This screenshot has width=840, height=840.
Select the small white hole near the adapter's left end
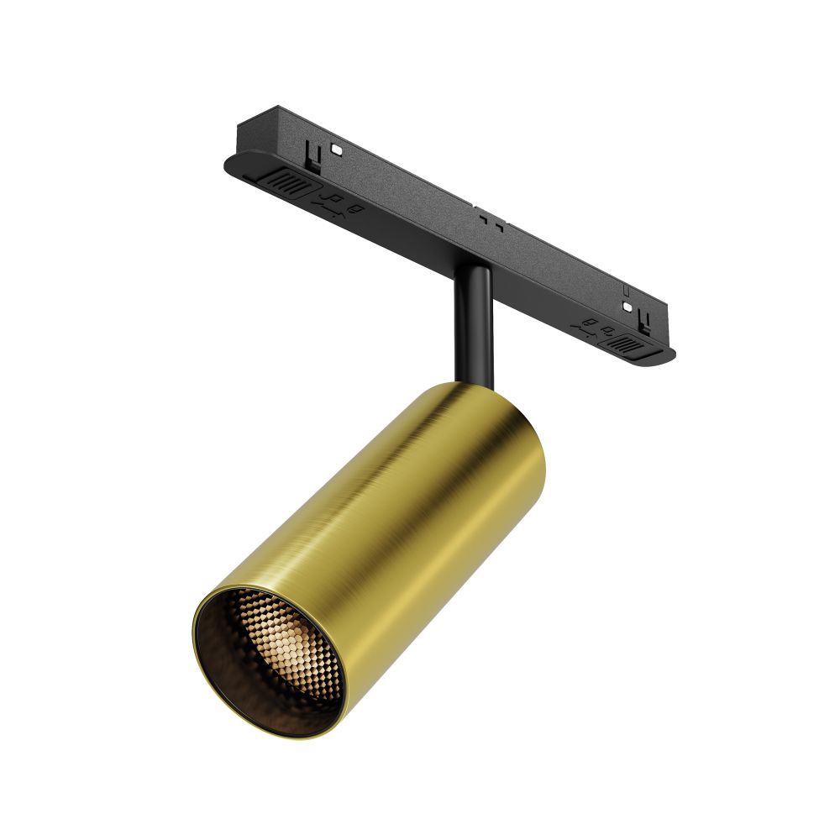tap(336, 149)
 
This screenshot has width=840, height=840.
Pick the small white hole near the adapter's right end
tap(626, 307)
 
